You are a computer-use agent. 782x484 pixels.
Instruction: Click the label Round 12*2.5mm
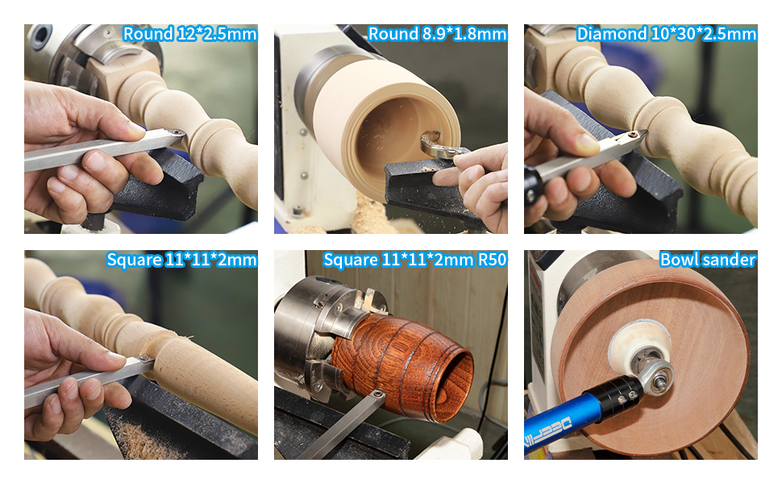[x=189, y=34]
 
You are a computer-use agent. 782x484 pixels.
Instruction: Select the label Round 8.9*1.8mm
[x=437, y=34]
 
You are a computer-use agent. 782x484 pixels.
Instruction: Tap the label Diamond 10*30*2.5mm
[x=666, y=34]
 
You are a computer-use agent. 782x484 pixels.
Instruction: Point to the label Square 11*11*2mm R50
[x=414, y=260]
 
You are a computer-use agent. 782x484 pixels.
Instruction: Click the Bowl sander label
[x=707, y=260]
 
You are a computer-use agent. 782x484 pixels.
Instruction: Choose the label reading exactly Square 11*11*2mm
[x=181, y=260]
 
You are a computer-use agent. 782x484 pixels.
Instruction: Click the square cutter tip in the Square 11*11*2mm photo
[x=145, y=359]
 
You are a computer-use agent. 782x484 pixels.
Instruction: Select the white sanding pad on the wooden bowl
[x=637, y=339]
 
